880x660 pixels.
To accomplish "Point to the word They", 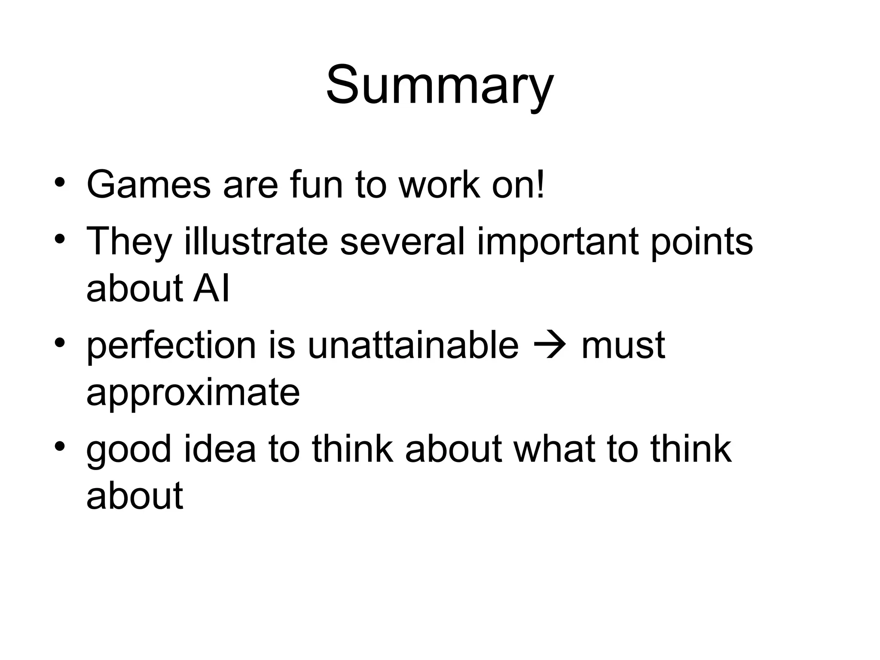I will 129,241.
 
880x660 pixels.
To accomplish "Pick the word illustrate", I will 256,241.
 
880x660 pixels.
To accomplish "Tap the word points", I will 702,241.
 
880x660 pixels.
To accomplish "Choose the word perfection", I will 171,345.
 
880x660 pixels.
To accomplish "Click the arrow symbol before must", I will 550,345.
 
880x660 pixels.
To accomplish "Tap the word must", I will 623,345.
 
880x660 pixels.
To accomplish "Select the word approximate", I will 193,393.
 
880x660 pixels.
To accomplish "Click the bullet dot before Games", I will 60,182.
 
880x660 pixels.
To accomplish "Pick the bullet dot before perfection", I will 60,342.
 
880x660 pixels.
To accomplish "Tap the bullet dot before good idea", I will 60,446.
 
